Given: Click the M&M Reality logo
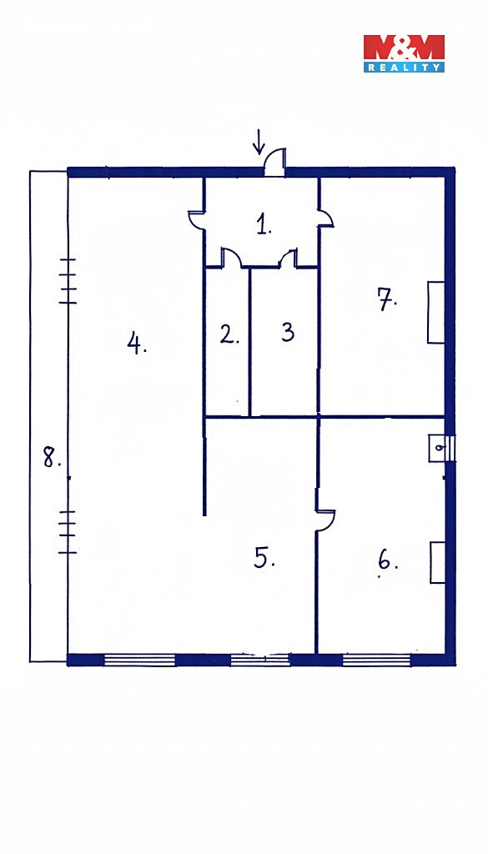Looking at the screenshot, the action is coord(404,53).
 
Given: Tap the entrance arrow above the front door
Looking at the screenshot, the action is coord(259,141).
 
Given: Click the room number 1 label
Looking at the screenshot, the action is coord(264,224).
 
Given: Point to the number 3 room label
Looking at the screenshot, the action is coord(288,332).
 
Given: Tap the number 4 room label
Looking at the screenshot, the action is coord(137,344).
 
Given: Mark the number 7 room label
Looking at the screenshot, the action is coord(387,299).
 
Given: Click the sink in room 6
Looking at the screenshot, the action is coord(438,449).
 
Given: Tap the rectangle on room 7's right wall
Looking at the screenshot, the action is coord(435,312).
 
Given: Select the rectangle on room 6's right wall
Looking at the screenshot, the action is coord(437,563).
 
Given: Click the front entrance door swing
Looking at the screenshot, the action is coord(274,162).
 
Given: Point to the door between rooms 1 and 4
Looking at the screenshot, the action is coord(196,219).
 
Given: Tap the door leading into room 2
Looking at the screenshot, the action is coord(231,258).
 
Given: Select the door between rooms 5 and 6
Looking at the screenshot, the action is coord(325,520).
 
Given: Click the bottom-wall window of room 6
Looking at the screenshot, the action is coord(376,660).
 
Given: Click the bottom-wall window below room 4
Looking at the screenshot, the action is coord(139,660).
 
